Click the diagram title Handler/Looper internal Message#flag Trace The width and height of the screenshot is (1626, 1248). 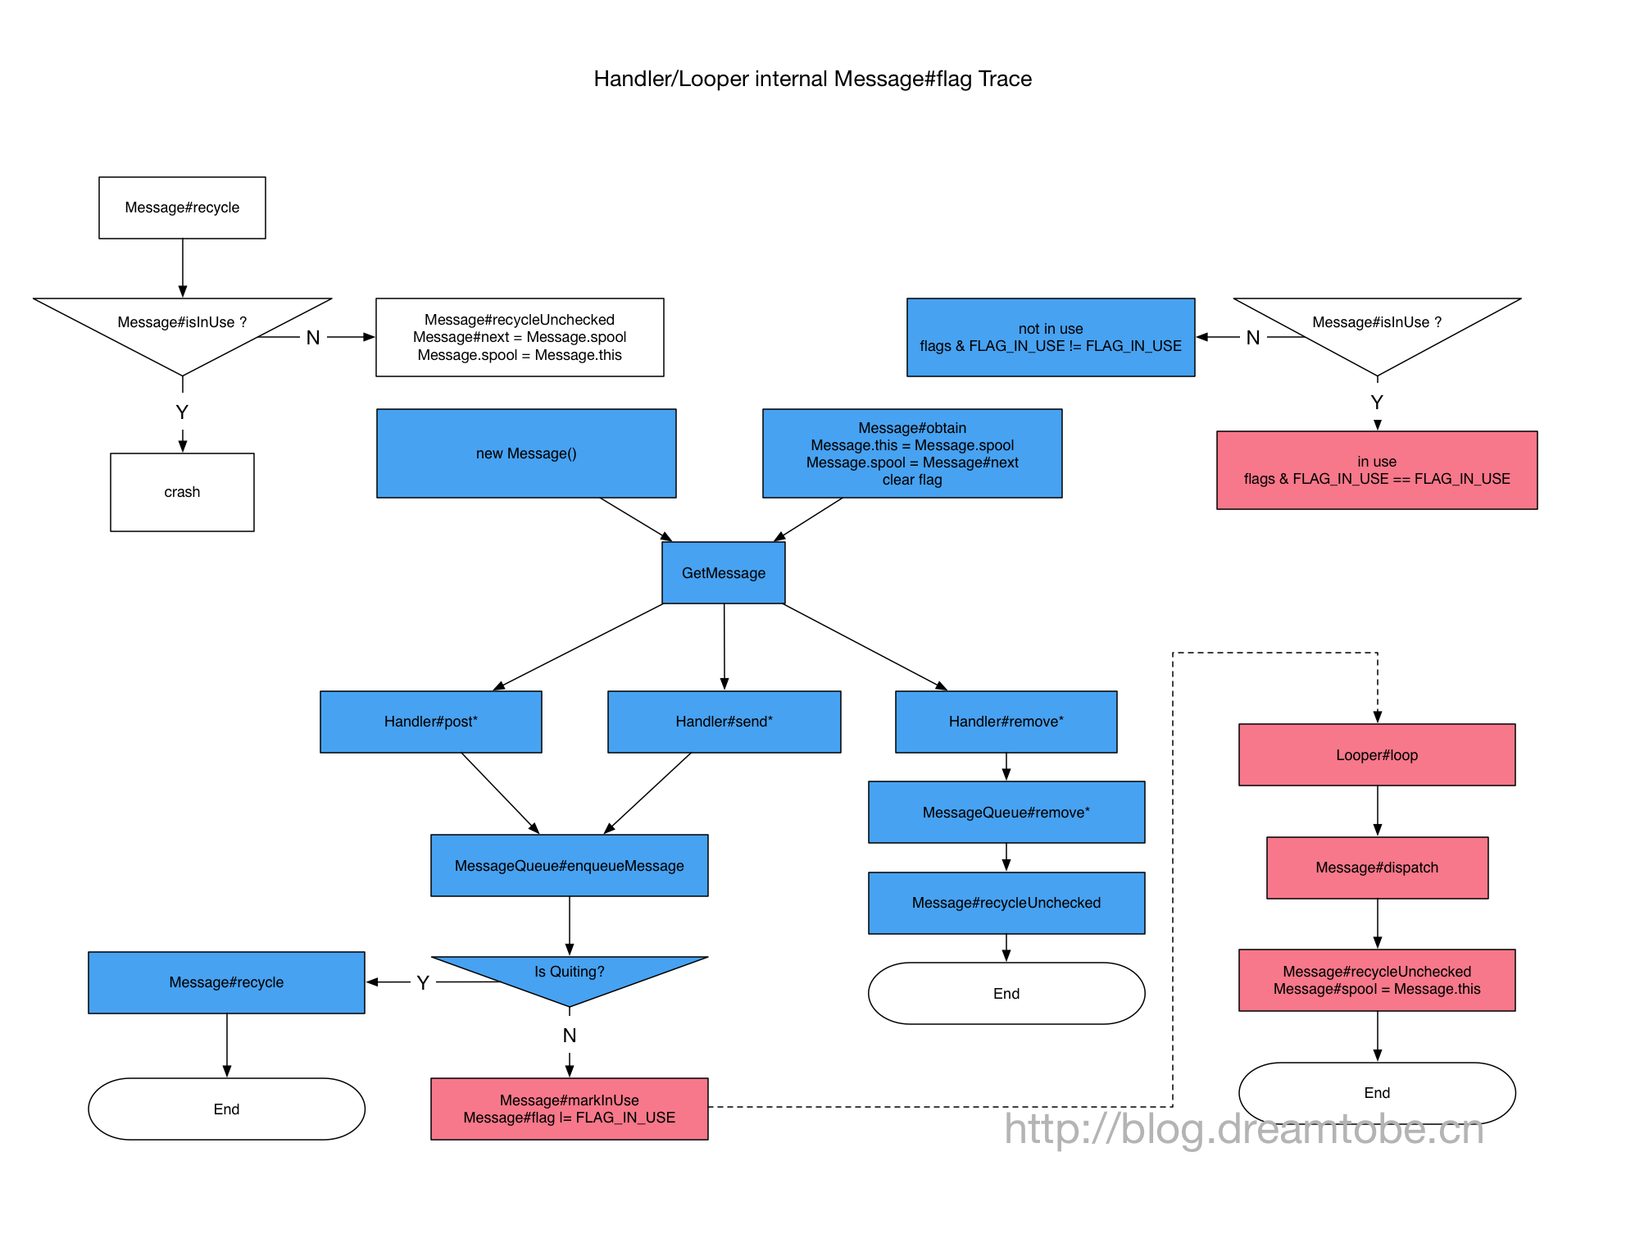pyautogui.click(x=812, y=79)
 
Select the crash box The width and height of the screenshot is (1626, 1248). pyautogui.click(x=182, y=492)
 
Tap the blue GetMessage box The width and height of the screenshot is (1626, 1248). pyautogui.click(x=723, y=573)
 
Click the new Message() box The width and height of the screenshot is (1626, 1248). pyautogui.click(x=526, y=453)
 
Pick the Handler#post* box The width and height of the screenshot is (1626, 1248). pyautogui.click(x=430, y=722)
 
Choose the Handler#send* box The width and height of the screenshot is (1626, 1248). pyautogui.click(x=724, y=722)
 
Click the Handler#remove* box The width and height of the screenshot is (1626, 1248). pyautogui.click(x=1006, y=722)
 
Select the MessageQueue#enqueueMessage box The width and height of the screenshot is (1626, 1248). pyautogui.click(x=569, y=866)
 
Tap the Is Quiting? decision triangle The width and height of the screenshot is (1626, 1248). pyautogui.click(x=569, y=976)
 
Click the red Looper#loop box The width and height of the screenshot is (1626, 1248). pyautogui.click(x=1376, y=755)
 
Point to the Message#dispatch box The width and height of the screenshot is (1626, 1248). pyautogui.click(x=1376, y=868)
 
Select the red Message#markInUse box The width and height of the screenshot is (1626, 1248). pyautogui.click(x=569, y=1109)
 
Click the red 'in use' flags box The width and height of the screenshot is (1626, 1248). pyautogui.click(x=1376, y=470)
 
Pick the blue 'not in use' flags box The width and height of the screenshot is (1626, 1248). pyautogui.click(x=1050, y=337)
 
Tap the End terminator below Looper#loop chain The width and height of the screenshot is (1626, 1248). pyautogui.click(x=1376, y=1092)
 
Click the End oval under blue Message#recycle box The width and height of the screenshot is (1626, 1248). pyautogui.click(x=226, y=1109)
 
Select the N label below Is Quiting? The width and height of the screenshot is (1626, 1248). pyautogui.click(x=569, y=1036)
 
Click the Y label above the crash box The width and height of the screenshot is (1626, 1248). pyautogui.click(x=182, y=412)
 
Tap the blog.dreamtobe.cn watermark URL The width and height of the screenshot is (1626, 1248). pyautogui.click(x=1244, y=1129)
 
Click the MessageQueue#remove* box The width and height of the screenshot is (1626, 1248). pyautogui.click(x=1006, y=813)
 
